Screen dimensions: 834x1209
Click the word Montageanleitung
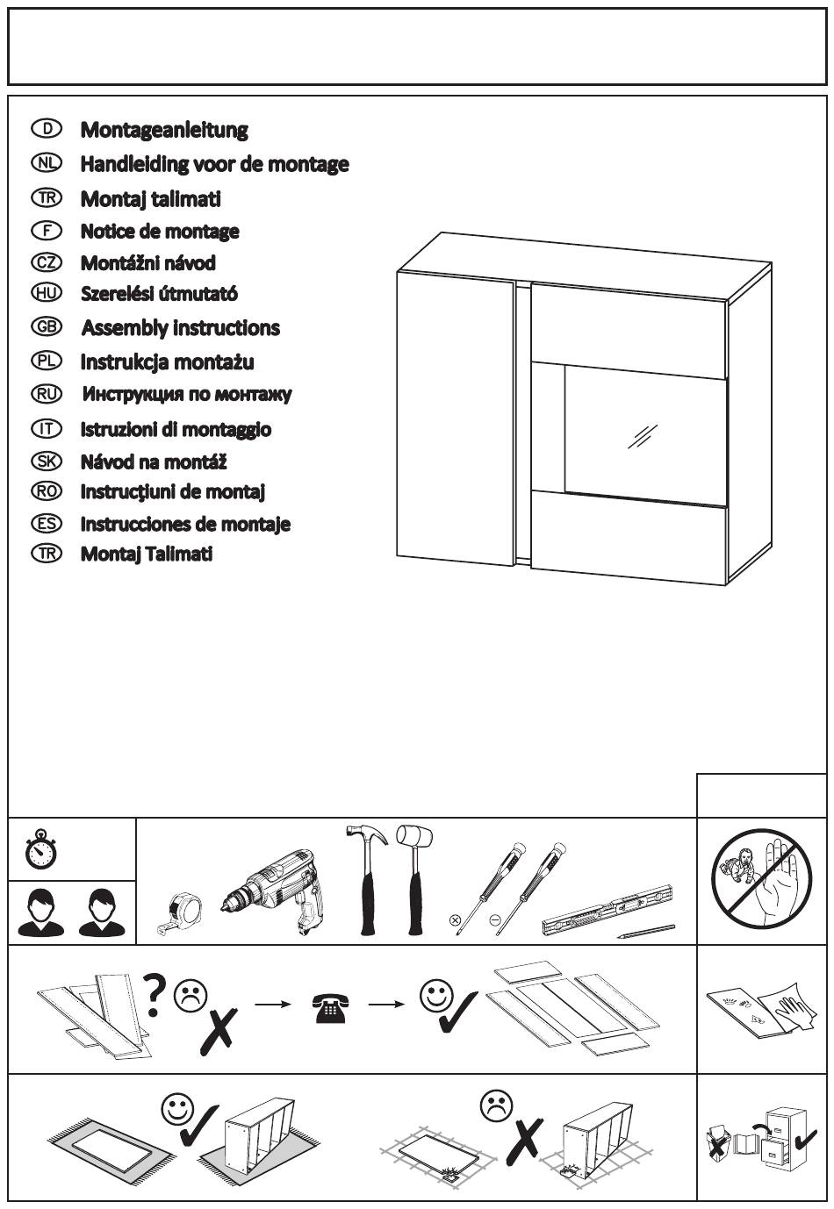(164, 130)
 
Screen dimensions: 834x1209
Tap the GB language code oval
(47, 327)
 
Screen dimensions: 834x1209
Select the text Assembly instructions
(181, 328)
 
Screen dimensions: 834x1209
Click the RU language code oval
(47, 394)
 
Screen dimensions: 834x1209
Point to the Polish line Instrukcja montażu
(167, 362)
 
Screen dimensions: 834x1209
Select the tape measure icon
(180, 912)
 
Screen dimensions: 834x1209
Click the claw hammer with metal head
(367, 880)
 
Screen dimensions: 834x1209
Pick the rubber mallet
(415, 880)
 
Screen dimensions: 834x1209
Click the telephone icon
(330, 1009)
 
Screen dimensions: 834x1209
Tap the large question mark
(154, 995)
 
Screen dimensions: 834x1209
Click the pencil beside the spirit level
(646, 932)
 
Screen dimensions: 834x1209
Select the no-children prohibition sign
(762, 880)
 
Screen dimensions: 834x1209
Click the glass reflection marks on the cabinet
(643, 436)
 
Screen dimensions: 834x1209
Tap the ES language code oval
(47, 524)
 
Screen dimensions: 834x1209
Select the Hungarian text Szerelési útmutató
(160, 294)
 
